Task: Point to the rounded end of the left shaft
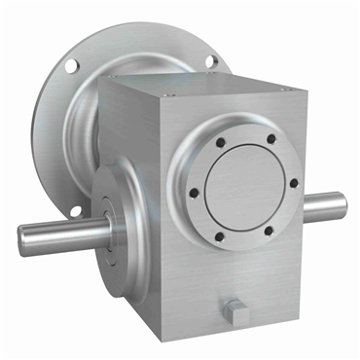tap(22, 238)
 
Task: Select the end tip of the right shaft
tap(343, 205)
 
